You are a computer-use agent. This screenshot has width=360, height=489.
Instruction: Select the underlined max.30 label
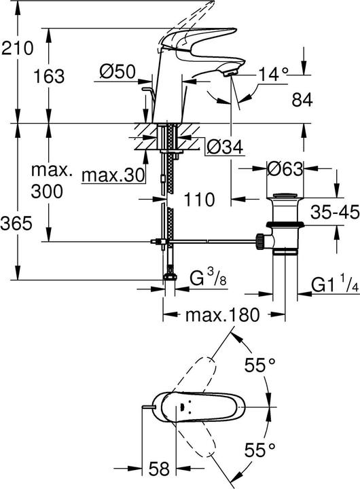[x=113, y=175]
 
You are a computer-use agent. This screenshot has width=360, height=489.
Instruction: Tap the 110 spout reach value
[x=199, y=200]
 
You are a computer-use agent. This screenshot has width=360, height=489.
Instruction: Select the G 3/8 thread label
[x=206, y=278]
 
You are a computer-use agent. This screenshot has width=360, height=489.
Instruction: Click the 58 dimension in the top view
[x=158, y=469]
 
